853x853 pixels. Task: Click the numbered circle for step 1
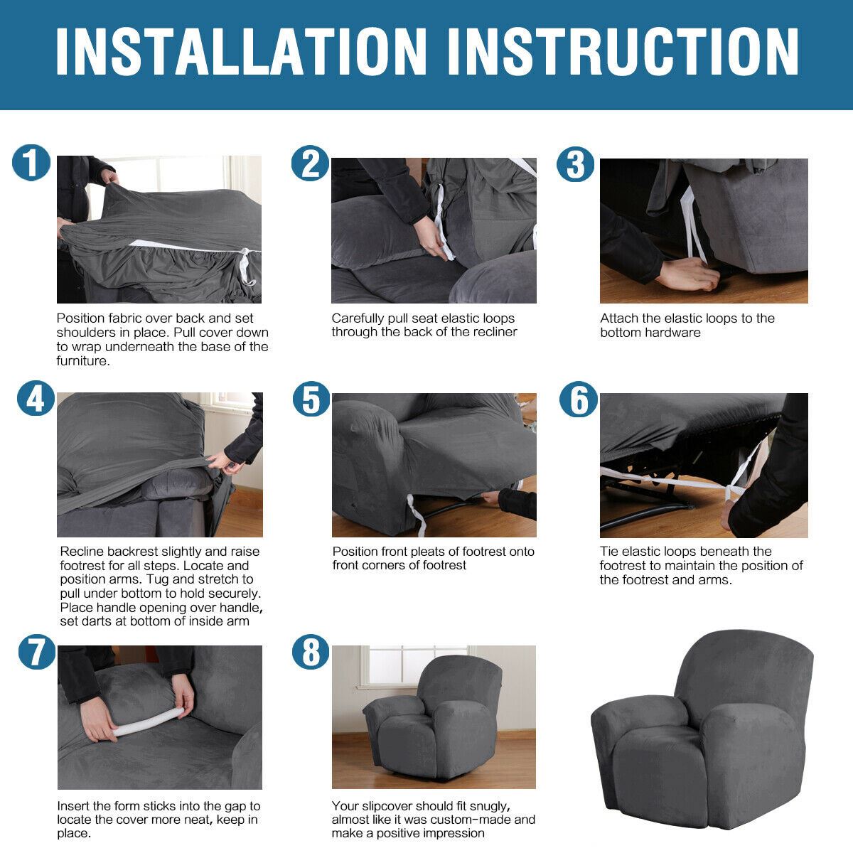click(x=31, y=163)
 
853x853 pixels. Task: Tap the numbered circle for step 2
click(x=311, y=163)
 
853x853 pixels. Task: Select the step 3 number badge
click(x=576, y=164)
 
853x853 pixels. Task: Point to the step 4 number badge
click(x=36, y=398)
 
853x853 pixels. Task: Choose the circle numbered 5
click(x=311, y=399)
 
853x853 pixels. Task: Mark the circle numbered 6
click(x=579, y=399)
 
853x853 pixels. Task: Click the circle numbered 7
click(x=37, y=651)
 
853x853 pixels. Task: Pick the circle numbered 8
click(x=311, y=651)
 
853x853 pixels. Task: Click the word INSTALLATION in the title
click(x=242, y=51)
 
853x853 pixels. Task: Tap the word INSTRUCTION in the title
click(x=623, y=51)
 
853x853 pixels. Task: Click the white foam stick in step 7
click(x=149, y=721)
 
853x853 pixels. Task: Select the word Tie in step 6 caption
click(x=608, y=551)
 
